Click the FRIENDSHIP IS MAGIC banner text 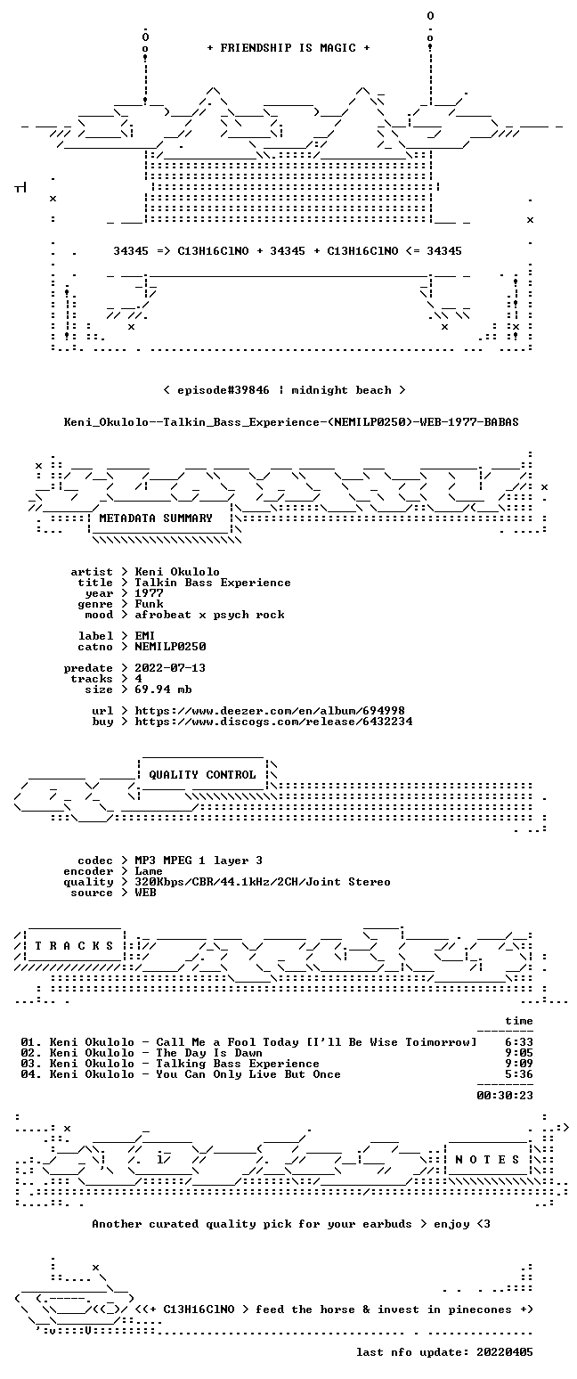pyautogui.click(x=288, y=48)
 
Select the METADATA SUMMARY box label pyautogui.click(x=156, y=518)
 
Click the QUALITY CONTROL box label pyautogui.click(x=202, y=775)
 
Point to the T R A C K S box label pyautogui.click(x=75, y=946)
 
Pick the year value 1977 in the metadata pyautogui.click(x=149, y=593)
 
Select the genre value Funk pyautogui.click(x=149, y=604)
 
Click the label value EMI pyautogui.click(x=145, y=636)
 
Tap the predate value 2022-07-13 pyautogui.click(x=170, y=668)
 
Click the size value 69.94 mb pyautogui.click(x=163, y=689)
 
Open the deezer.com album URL pyautogui.click(x=270, y=711)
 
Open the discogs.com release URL pyautogui.click(x=273, y=722)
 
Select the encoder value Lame pyautogui.click(x=149, y=871)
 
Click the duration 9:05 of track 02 pyautogui.click(x=519, y=1053)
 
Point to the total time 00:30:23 pyautogui.click(x=505, y=1095)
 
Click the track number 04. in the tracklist pyautogui.click(x=31, y=1074)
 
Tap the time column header pyautogui.click(x=519, y=1021)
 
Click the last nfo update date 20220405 pyautogui.click(x=505, y=1352)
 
